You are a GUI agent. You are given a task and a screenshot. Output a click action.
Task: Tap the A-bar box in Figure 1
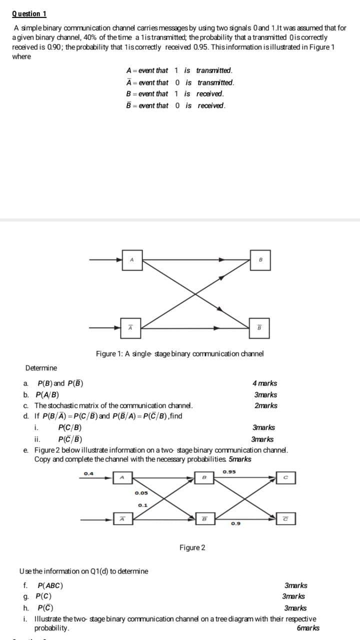click(130, 328)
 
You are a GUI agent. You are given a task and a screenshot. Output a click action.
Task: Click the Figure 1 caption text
click(179, 353)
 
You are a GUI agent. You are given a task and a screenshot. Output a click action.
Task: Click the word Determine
click(41, 368)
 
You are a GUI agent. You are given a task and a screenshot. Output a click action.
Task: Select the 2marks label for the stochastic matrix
click(265, 405)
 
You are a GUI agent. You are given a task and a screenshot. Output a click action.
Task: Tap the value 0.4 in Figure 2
click(88, 473)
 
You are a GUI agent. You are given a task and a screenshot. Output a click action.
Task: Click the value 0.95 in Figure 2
click(229, 471)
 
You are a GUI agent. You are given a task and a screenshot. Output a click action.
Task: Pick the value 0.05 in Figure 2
click(140, 493)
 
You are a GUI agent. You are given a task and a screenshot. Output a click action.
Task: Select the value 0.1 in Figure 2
click(142, 505)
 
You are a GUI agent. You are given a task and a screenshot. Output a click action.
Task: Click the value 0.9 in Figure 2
click(235, 523)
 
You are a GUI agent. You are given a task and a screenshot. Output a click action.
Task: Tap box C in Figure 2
click(284, 478)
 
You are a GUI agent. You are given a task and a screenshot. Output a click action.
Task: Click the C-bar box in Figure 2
click(284, 519)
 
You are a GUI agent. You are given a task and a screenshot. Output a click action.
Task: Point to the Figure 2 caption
click(192, 547)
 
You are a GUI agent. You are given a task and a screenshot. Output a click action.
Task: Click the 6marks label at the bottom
click(308, 628)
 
